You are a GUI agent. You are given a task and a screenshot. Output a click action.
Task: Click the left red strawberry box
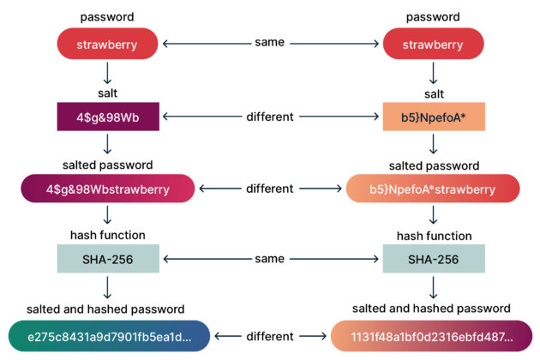pos(108,44)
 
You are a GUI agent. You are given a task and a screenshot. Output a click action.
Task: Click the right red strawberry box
pos(433,44)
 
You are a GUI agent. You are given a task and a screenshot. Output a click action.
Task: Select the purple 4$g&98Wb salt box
pos(108,117)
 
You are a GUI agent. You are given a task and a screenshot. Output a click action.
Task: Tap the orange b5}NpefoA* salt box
pos(433,117)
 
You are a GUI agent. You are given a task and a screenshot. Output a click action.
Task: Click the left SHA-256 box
pos(108,259)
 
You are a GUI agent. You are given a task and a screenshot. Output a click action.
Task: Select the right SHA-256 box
pos(433,259)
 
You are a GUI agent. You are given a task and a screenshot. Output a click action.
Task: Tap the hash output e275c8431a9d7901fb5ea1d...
pos(110,336)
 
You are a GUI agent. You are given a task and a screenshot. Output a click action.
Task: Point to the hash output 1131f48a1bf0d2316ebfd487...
pos(433,336)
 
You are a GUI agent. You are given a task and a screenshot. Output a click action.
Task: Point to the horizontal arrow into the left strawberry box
pos(207,44)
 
